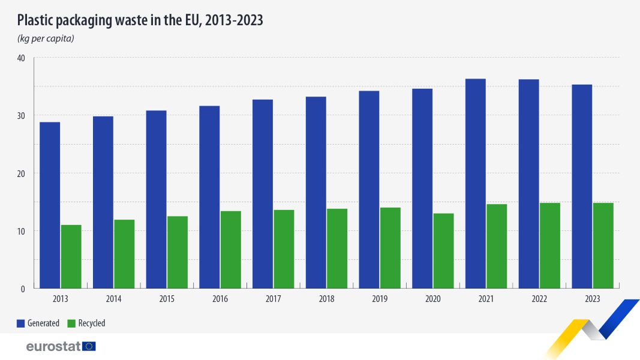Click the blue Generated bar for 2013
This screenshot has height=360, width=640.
point(50,205)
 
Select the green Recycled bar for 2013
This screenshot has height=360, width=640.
point(71,257)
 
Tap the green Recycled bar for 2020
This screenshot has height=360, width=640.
point(443,251)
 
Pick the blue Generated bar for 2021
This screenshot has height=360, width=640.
point(476,184)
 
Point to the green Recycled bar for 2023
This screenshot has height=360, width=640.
point(603,246)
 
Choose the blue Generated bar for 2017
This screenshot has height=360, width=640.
point(263,194)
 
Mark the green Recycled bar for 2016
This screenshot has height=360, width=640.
point(230,250)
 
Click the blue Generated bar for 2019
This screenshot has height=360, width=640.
point(369,190)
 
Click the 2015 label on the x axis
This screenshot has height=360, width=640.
point(167,299)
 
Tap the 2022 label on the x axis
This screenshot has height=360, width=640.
point(539,299)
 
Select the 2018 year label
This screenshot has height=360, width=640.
point(326,299)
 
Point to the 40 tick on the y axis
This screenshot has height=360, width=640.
point(21,58)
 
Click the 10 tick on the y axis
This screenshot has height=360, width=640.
point(21,231)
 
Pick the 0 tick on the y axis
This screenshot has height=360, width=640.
point(23,289)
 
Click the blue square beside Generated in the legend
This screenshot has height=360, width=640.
point(21,323)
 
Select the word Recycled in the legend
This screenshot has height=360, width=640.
point(92,323)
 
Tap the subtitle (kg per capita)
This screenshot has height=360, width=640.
point(46,38)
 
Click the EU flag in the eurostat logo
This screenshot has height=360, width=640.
point(89,347)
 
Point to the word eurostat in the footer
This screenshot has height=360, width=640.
point(53,347)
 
